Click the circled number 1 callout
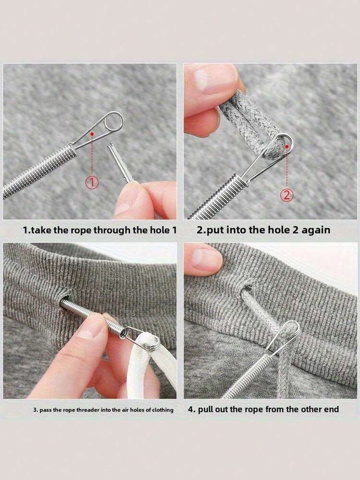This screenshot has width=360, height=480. click(92, 183)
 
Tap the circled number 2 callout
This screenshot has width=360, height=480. click(287, 195)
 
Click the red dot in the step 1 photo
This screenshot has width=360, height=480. click(92, 134)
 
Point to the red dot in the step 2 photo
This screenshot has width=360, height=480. click(287, 147)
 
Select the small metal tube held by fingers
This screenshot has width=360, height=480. click(120, 163)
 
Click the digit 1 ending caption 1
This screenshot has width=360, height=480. click(175, 230)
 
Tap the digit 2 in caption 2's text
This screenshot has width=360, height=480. click(296, 230)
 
